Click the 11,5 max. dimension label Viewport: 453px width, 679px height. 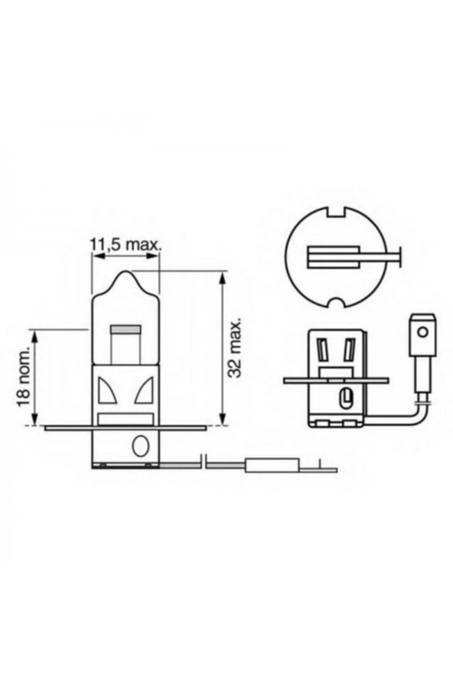(126, 244)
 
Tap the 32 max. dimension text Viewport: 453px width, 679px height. (236, 349)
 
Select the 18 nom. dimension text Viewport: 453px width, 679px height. (24, 377)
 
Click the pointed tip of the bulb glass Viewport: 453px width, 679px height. (126, 272)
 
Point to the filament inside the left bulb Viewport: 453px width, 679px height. (125, 330)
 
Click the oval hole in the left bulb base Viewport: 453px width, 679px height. (140, 446)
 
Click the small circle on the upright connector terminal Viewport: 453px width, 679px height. (422, 333)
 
